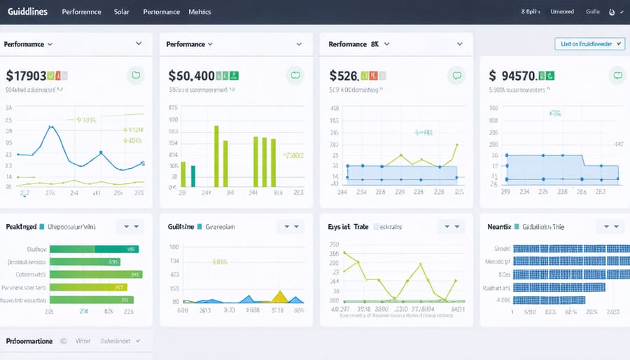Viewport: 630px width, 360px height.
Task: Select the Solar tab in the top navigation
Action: click(x=122, y=12)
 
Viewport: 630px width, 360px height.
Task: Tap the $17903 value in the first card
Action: click(x=26, y=76)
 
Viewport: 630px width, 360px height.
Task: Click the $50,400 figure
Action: click(x=191, y=76)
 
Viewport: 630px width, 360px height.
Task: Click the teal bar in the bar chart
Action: click(x=192, y=176)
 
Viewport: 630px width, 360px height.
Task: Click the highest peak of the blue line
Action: click(x=50, y=127)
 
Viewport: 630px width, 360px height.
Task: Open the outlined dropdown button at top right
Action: click(x=588, y=43)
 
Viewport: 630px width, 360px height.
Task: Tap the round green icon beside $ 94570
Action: click(x=617, y=74)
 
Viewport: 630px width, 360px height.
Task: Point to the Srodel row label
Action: click(x=502, y=249)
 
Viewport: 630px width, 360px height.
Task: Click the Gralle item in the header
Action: click(x=593, y=12)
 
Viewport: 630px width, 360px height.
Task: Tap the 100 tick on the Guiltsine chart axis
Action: click(x=174, y=247)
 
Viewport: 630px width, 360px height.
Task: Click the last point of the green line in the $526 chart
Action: click(x=457, y=145)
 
